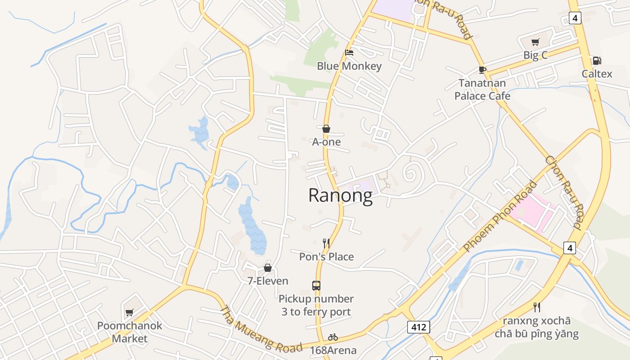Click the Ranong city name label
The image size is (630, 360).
tap(341, 196)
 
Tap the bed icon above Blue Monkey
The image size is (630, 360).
tap(349, 53)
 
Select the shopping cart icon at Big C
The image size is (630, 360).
tap(535, 42)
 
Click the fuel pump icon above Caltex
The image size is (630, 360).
tap(597, 61)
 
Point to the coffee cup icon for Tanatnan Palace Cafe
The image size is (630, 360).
tap(482, 70)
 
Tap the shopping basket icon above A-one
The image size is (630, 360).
tap(326, 129)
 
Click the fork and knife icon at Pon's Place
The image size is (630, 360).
tap(326, 243)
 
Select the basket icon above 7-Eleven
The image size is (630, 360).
tap(268, 268)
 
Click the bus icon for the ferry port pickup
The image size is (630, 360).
tap(316, 285)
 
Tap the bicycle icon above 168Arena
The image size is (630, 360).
tap(333, 337)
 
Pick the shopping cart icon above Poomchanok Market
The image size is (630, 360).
tap(130, 312)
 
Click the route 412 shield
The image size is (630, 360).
tap(418, 327)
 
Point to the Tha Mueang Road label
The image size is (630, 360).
tap(261, 330)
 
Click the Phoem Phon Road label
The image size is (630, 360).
tap(500, 216)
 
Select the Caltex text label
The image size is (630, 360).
tap(597, 74)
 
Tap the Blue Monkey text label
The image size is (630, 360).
tap(349, 66)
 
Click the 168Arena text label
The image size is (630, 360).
tap(333, 350)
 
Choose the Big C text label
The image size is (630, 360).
tap(535, 55)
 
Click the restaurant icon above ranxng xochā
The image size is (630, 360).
tap(536, 307)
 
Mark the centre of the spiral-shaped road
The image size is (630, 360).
tap(410, 172)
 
